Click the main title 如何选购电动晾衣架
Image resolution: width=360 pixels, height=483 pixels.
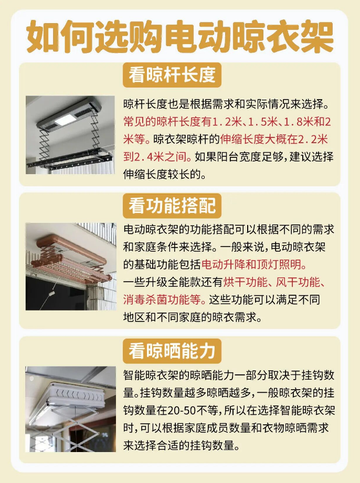coord(180,36)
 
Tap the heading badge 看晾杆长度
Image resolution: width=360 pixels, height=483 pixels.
coord(172,75)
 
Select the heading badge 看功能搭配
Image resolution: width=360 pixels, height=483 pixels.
coord(172,206)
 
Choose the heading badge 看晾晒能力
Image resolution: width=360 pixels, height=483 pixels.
coord(172,351)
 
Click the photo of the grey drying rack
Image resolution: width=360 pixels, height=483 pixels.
coord(70,135)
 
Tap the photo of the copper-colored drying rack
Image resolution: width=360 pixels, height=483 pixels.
coord(71,266)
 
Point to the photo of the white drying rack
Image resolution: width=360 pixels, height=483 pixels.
coord(70,409)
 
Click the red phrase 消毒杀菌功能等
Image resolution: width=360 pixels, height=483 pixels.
coord(162,299)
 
